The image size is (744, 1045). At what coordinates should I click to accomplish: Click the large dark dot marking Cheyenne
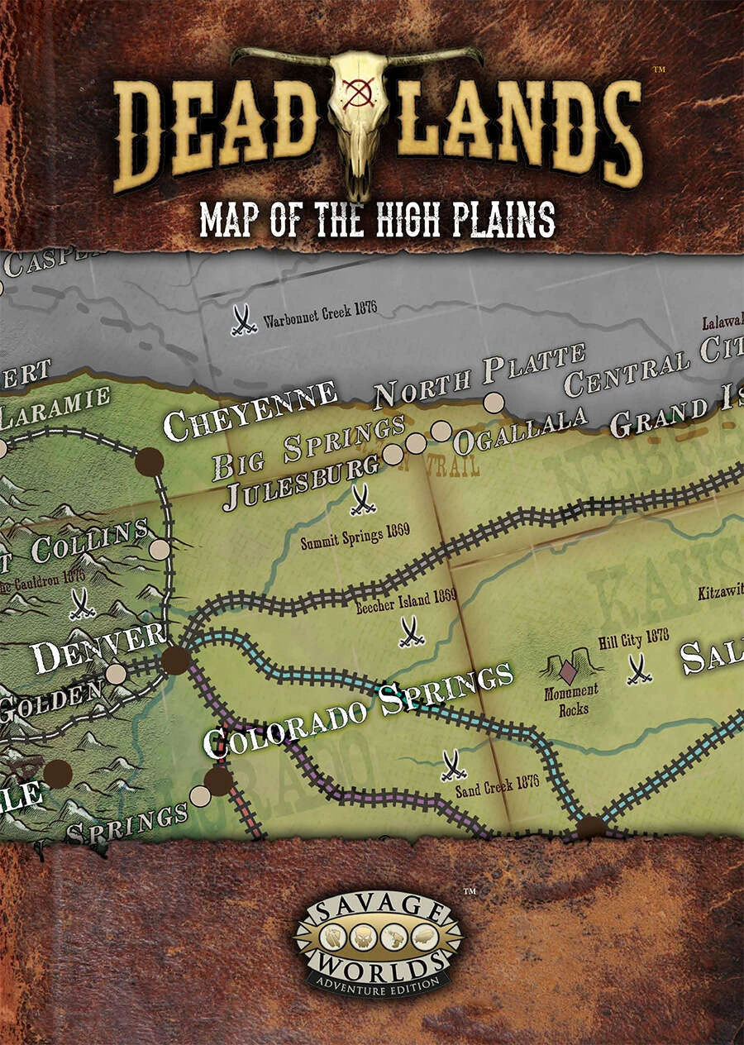point(149,462)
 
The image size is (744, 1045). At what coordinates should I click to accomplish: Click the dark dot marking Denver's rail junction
point(175,661)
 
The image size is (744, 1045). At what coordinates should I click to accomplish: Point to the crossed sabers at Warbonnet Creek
point(243,320)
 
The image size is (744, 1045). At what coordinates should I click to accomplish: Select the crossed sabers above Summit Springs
point(362,499)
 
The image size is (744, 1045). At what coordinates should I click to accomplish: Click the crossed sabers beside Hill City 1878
point(638,669)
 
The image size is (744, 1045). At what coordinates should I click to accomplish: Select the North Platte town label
point(479,375)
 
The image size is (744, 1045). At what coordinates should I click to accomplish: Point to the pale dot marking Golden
point(116,674)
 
